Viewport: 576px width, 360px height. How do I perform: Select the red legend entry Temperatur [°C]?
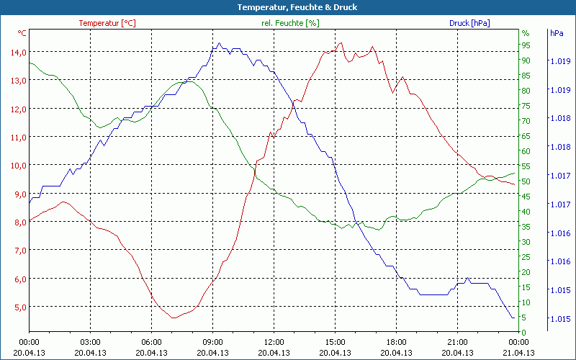(x=107, y=23)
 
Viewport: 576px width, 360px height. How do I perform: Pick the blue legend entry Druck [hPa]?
(x=469, y=23)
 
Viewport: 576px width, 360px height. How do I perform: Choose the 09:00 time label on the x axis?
(x=212, y=342)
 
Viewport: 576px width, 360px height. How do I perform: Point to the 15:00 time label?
(x=335, y=342)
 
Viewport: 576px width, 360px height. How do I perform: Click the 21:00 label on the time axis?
(x=457, y=342)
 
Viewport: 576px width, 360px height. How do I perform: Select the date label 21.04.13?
(x=518, y=353)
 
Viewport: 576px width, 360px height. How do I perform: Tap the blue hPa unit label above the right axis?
(x=557, y=33)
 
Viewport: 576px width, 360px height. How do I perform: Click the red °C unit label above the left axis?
(x=22, y=33)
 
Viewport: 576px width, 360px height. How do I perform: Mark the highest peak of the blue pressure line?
(x=219, y=43)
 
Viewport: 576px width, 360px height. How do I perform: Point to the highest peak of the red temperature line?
(x=341, y=42)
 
